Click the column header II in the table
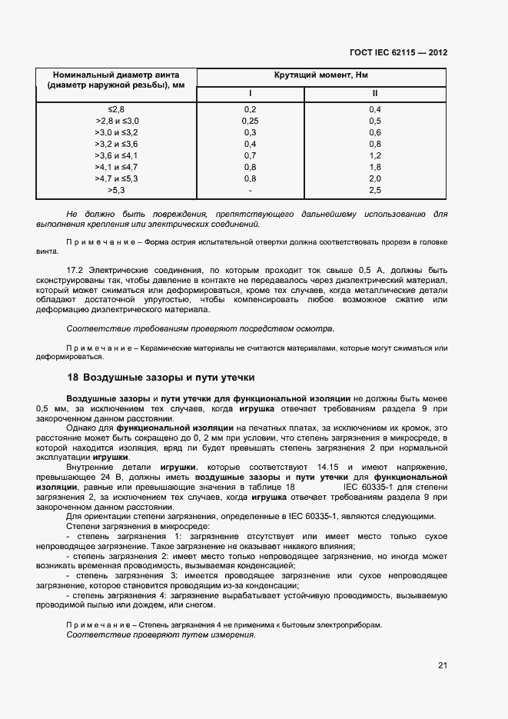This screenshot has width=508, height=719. point(375,93)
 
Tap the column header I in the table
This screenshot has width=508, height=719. point(250,93)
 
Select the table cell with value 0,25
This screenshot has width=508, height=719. point(250,121)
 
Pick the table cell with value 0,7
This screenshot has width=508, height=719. point(250,155)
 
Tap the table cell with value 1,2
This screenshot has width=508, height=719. point(375,155)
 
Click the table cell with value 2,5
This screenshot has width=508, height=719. point(375,190)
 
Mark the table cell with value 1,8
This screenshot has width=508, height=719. point(375,167)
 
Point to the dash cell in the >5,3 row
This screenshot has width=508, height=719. point(250,190)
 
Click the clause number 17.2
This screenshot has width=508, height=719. point(77,271)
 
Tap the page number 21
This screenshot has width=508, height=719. point(442,665)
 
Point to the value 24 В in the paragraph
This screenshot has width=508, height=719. point(116,478)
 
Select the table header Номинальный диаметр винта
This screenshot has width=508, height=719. point(116,75)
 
